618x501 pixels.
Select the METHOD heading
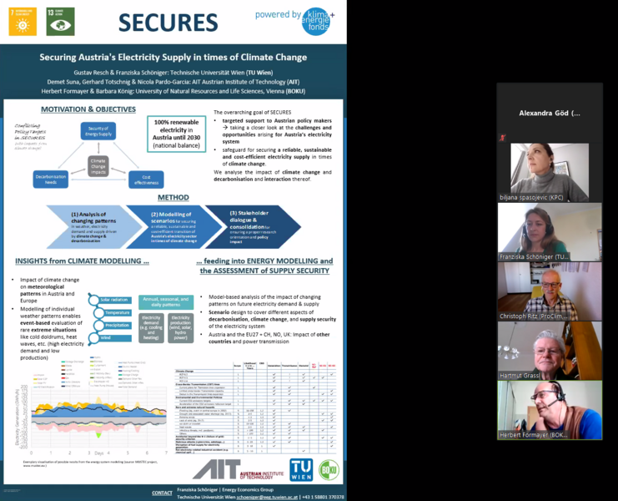click(x=173, y=198)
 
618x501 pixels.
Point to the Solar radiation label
click(x=116, y=299)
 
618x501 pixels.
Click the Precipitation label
click(x=116, y=325)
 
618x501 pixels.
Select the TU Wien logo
click(x=300, y=469)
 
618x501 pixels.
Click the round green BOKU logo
click(x=329, y=469)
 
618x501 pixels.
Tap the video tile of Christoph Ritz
click(x=550, y=291)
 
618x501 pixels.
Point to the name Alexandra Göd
click(x=549, y=113)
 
